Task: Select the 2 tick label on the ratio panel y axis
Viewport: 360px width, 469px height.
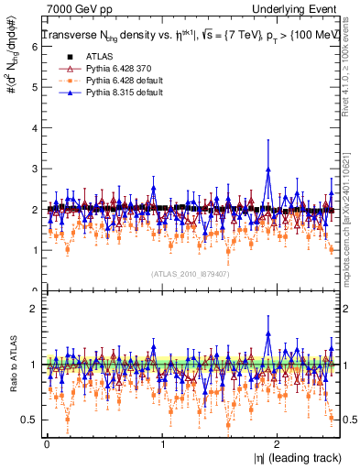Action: (35, 309)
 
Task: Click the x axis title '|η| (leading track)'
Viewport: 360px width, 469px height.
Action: (294, 457)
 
